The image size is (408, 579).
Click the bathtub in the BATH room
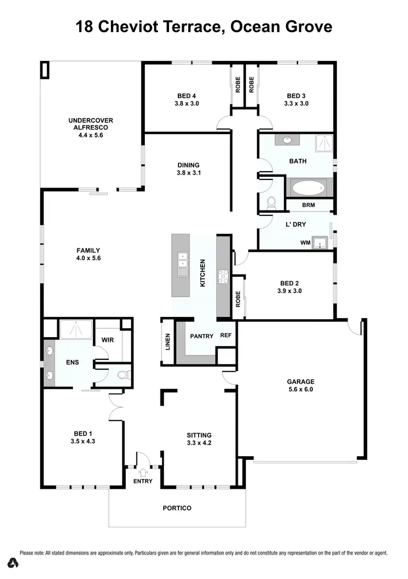click(x=308, y=188)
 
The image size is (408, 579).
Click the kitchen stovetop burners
click(x=224, y=277)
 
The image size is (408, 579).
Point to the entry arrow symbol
click(x=143, y=472)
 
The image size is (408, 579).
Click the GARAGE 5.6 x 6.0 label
click(x=301, y=385)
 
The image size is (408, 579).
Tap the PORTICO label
click(x=177, y=508)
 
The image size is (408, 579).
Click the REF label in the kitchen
click(x=226, y=336)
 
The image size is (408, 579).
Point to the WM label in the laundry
click(x=305, y=242)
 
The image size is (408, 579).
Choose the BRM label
click(x=308, y=205)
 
